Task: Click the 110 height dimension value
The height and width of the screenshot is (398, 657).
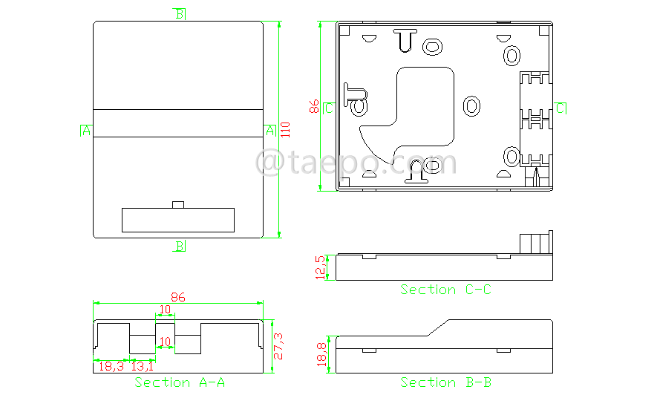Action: click(x=285, y=128)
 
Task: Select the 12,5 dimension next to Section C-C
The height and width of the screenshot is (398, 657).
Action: click(x=321, y=267)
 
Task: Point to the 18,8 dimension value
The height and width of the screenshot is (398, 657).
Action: click(x=321, y=353)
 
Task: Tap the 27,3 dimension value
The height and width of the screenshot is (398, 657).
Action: click(x=278, y=346)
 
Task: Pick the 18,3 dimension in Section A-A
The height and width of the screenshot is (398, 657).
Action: click(x=111, y=365)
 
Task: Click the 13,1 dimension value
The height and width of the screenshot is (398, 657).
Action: click(x=142, y=365)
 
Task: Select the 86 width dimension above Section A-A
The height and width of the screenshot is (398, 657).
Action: click(x=178, y=297)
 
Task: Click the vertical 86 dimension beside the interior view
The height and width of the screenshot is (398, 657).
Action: click(x=315, y=106)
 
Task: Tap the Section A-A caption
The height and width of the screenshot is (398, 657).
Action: click(x=179, y=382)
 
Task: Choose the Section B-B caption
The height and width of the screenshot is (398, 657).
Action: click(x=445, y=382)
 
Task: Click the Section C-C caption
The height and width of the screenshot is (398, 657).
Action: click(x=445, y=290)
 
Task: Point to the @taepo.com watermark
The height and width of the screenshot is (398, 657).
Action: click(x=356, y=162)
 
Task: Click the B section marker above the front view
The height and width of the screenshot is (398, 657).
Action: click(x=180, y=13)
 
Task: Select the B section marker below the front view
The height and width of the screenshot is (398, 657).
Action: click(x=180, y=246)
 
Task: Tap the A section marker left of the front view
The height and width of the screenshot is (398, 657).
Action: click(x=85, y=131)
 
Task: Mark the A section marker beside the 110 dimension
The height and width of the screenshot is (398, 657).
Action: click(x=270, y=131)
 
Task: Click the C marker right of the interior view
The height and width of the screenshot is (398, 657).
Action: click(x=561, y=108)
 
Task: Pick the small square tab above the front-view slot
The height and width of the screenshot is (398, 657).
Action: click(x=177, y=204)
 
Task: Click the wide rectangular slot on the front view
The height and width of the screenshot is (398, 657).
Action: click(x=177, y=220)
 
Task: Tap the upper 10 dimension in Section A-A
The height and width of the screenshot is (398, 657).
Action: click(x=165, y=309)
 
